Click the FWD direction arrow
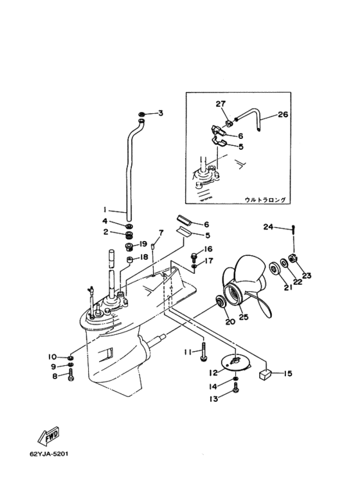tap(48, 435)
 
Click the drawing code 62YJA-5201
tap(49, 453)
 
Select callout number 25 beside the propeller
tap(244, 316)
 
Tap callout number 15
tap(287, 374)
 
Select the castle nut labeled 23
tap(292, 258)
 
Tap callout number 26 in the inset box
tap(283, 114)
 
